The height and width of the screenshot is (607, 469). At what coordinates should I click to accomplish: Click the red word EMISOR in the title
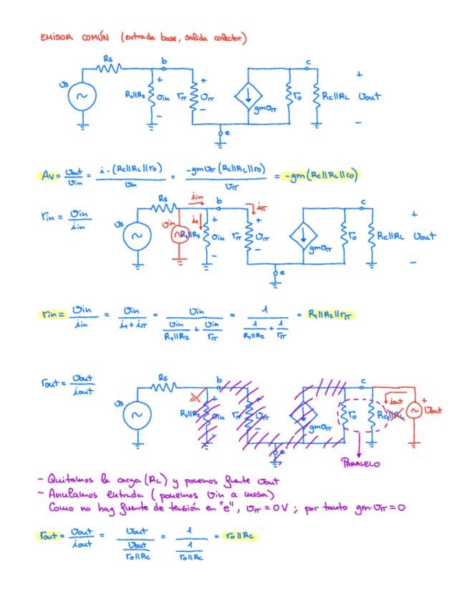54,38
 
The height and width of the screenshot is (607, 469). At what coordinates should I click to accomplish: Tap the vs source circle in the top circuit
82,97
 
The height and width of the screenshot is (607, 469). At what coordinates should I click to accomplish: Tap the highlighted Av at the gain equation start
48,175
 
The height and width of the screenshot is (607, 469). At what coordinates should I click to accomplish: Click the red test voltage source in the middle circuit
177,234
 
